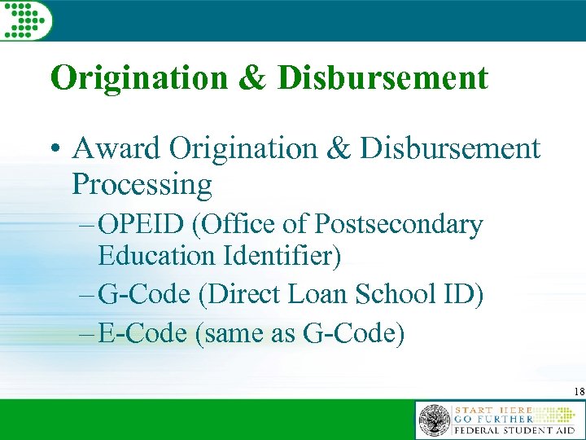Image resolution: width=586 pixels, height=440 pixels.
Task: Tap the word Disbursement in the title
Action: [382, 79]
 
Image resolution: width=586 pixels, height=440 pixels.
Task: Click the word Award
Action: [116, 148]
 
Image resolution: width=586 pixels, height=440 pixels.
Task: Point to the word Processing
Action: [142, 184]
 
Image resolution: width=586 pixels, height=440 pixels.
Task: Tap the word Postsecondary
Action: [398, 225]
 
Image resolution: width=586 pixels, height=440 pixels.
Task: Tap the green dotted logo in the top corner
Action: [25, 20]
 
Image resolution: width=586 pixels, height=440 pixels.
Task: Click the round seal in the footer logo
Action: [434, 420]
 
